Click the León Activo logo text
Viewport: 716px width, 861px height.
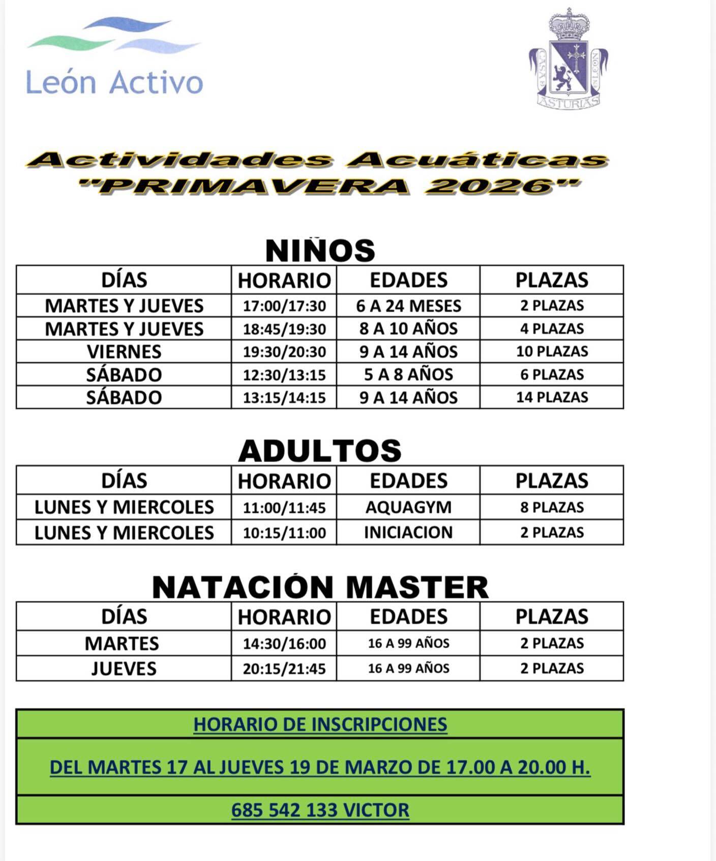(x=114, y=82)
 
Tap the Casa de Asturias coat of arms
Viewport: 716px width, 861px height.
(x=568, y=60)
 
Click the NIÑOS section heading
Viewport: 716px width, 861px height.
(x=320, y=251)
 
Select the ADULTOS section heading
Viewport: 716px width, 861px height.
(x=320, y=451)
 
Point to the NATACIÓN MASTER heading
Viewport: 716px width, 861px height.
(x=320, y=588)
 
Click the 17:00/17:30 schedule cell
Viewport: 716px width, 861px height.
(x=284, y=306)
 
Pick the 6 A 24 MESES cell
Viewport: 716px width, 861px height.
(x=408, y=306)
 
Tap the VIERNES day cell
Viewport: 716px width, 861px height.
(x=124, y=352)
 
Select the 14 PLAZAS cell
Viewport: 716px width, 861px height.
(x=552, y=397)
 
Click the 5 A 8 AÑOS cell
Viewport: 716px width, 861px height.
(x=408, y=375)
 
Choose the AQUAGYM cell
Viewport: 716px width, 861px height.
(x=408, y=507)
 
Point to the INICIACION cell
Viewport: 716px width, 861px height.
(x=408, y=533)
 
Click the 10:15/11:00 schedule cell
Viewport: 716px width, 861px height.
(x=284, y=533)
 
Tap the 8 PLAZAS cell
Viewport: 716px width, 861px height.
(x=552, y=507)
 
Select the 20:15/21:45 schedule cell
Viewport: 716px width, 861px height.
(x=284, y=669)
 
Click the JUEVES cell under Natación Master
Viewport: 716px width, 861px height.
(x=124, y=669)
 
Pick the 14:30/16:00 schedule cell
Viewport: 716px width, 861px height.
(x=284, y=643)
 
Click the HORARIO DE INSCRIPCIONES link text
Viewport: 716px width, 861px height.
(x=320, y=724)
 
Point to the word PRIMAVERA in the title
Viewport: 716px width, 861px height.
(x=254, y=186)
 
